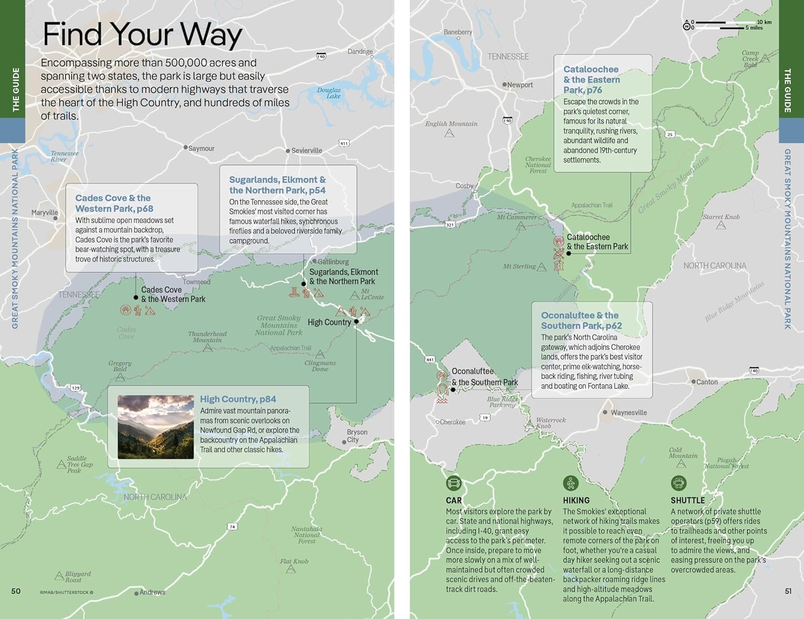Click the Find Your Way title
pos(142,34)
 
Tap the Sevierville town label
pos(306,151)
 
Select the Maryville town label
pos(44,212)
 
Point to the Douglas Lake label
pos(329,93)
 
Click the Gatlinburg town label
pos(333,262)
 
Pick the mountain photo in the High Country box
pos(155,427)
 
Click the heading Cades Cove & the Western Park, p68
pos(114,203)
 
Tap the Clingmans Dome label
pos(320,366)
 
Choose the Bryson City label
pos(356,436)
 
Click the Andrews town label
pos(152,592)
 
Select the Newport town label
pos(519,85)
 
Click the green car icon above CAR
pos(453,483)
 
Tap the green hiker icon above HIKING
pos(570,483)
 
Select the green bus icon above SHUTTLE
pos(679,483)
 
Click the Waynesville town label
pos(628,412)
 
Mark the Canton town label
pos(706,382)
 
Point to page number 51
pos(788,591)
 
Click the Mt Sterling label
pos(519,266)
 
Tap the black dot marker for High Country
pos(356,322)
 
